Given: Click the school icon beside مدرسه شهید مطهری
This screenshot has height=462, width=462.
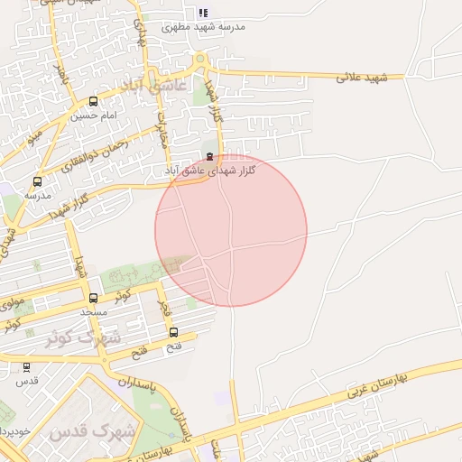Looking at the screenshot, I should tap(203, 13).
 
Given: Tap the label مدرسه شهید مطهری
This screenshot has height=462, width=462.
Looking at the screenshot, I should tap(203, 27).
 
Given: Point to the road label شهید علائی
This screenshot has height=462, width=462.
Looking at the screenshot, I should tap(361, 77).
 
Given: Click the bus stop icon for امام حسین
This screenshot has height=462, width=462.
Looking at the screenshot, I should tap(94, 102).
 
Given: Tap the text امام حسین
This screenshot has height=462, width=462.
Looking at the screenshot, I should tap(94, 115).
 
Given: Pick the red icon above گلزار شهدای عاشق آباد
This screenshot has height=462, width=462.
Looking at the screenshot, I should tap(210, 156).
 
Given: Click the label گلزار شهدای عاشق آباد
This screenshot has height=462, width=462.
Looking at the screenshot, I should tap(210, 170).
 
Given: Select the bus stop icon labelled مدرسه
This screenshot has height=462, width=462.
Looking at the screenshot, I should tap(37, 181).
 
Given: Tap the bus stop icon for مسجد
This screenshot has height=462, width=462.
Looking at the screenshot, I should tap(93, 298).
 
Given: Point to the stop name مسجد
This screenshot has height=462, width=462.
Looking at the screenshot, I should tap(93, 311).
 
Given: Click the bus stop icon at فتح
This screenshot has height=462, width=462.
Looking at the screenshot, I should tap(174, 332).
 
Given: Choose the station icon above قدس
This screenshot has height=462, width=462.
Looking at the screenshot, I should tap(25, 367).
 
